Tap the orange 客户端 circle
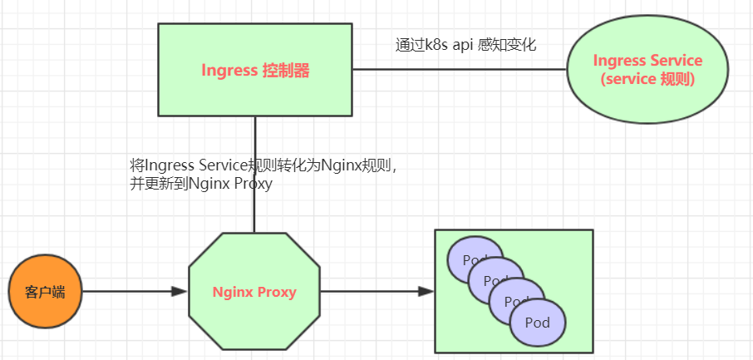[46, 292]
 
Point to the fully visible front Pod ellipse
[538, 323]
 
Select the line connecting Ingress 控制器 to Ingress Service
[457, 70]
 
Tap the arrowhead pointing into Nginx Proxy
[179, 292]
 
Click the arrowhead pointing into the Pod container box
[426, 292]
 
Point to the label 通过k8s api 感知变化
[465, 45]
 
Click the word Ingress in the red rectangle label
[229, 71]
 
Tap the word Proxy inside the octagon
[278, 292]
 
